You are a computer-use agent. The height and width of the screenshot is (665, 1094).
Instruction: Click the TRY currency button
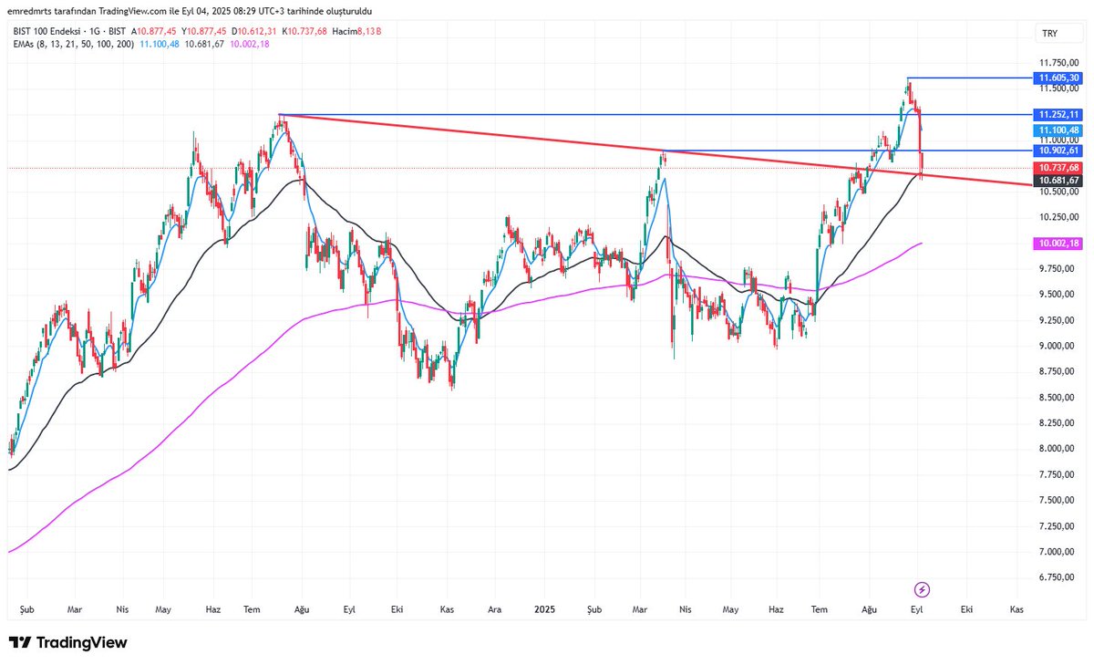point(1049,34)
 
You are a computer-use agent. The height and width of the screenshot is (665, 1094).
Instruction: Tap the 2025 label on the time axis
point(545,608)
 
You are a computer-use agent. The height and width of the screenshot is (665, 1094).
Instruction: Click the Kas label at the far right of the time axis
point(1016,608)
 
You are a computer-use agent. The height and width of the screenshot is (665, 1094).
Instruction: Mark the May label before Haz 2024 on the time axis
point(163,608)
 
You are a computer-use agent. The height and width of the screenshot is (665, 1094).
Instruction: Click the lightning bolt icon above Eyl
point(922,588)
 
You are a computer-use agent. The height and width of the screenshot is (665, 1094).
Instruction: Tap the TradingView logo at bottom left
point(68,643)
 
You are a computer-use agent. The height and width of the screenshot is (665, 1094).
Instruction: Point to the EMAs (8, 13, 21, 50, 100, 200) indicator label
point(73,43)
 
